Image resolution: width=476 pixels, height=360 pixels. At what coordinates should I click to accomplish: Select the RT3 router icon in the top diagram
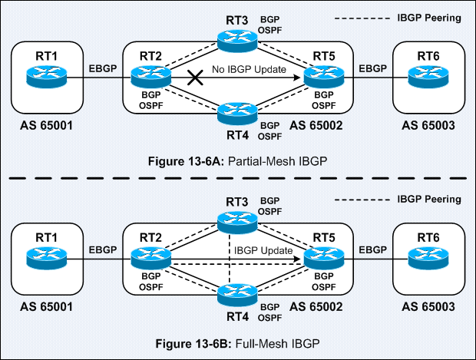tap(233, 38)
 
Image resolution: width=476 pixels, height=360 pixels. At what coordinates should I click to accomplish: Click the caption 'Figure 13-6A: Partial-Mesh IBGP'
tap(237, 163)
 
